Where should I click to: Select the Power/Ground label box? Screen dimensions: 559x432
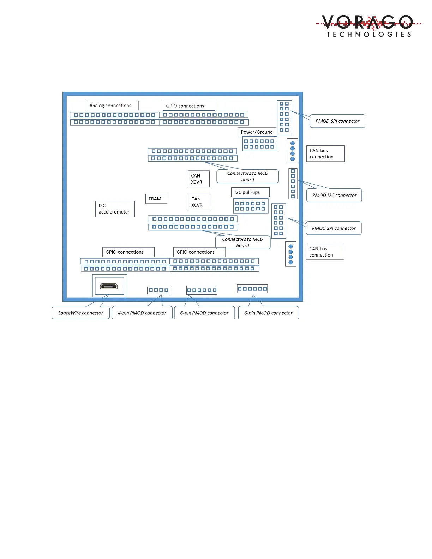coord(257,132)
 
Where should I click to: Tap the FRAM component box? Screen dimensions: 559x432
coord(156,199)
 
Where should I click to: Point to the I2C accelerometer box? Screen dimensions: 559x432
coord(115,209)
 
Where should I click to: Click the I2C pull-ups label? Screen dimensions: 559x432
coord(250,192)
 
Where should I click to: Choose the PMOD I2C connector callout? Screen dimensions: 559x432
coord(334,195)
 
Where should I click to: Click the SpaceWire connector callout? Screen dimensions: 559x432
coord(80,313)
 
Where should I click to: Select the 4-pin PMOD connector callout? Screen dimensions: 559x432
coord(142,313)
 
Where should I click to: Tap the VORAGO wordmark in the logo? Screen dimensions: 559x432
coord(367,22)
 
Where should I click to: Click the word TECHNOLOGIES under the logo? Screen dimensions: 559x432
coord(369,34)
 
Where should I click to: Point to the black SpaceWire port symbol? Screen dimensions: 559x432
coord(109,286)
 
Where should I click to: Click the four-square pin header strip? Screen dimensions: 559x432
coord(158,290)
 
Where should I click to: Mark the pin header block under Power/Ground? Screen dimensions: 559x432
coord(259,144)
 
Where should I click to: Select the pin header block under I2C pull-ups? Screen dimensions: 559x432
coord(250,206)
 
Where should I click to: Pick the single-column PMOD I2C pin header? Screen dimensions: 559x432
coord(293,184)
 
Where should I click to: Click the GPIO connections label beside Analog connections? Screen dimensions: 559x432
coord(188,106)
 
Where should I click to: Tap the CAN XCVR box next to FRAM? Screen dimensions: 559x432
coord(199,202)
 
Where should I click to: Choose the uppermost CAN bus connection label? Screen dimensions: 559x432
coord(325,154)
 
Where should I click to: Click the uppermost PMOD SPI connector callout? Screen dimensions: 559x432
coord(337,121)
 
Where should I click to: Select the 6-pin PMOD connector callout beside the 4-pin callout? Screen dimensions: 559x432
coord(204,313)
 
